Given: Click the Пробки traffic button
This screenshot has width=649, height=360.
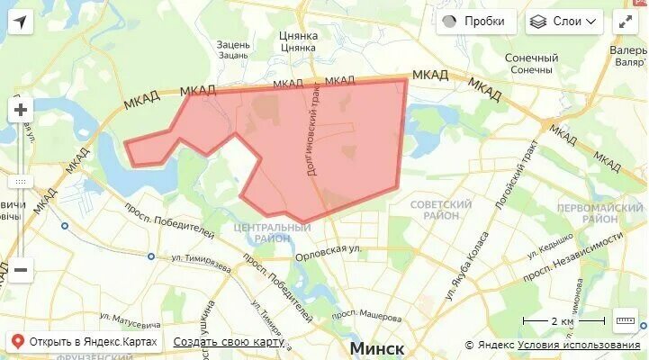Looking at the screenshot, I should pos(476,22).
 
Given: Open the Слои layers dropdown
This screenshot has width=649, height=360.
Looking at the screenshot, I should pos(564,22).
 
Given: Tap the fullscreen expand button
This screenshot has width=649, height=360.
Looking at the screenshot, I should pos(626,22).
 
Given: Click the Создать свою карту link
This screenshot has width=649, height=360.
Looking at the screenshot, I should pos(229,342).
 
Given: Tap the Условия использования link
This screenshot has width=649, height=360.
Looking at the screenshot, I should pos(579,345).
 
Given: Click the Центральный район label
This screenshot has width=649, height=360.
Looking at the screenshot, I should pos(271,232).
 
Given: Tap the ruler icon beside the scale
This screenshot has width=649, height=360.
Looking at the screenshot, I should pos(625,320).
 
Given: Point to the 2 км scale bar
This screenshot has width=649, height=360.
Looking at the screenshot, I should pos(564,321).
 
